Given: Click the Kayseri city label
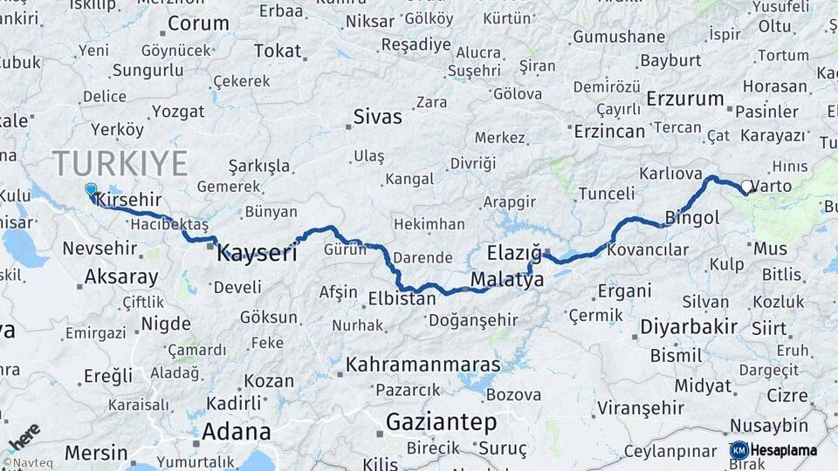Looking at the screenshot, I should (257, 253).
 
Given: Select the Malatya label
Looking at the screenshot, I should (507, 280).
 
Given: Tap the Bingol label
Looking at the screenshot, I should (692, 217).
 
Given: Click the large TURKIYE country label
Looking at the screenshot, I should (120, 163).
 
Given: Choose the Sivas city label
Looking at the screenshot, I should (378, 117).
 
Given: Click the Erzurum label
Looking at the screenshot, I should (685, 99).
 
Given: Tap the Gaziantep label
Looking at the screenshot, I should (441, 422).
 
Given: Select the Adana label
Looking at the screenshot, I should (236, 431).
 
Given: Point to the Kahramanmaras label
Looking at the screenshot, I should (423, 365).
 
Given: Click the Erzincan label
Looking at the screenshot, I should (609, 132).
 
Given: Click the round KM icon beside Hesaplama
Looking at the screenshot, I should (738, 450).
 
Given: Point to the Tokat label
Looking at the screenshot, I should (277, 51).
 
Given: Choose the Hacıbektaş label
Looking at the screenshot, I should (168, 225).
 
